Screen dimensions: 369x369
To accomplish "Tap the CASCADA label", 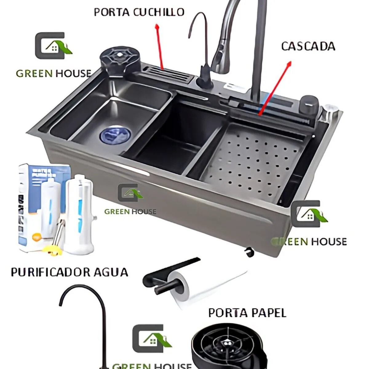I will pos(308,46).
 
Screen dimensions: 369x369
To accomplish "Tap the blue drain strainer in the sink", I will pos(115,134).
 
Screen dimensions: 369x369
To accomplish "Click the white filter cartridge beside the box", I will pos(79,212).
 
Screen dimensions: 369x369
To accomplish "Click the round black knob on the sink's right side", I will pos(309,105).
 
